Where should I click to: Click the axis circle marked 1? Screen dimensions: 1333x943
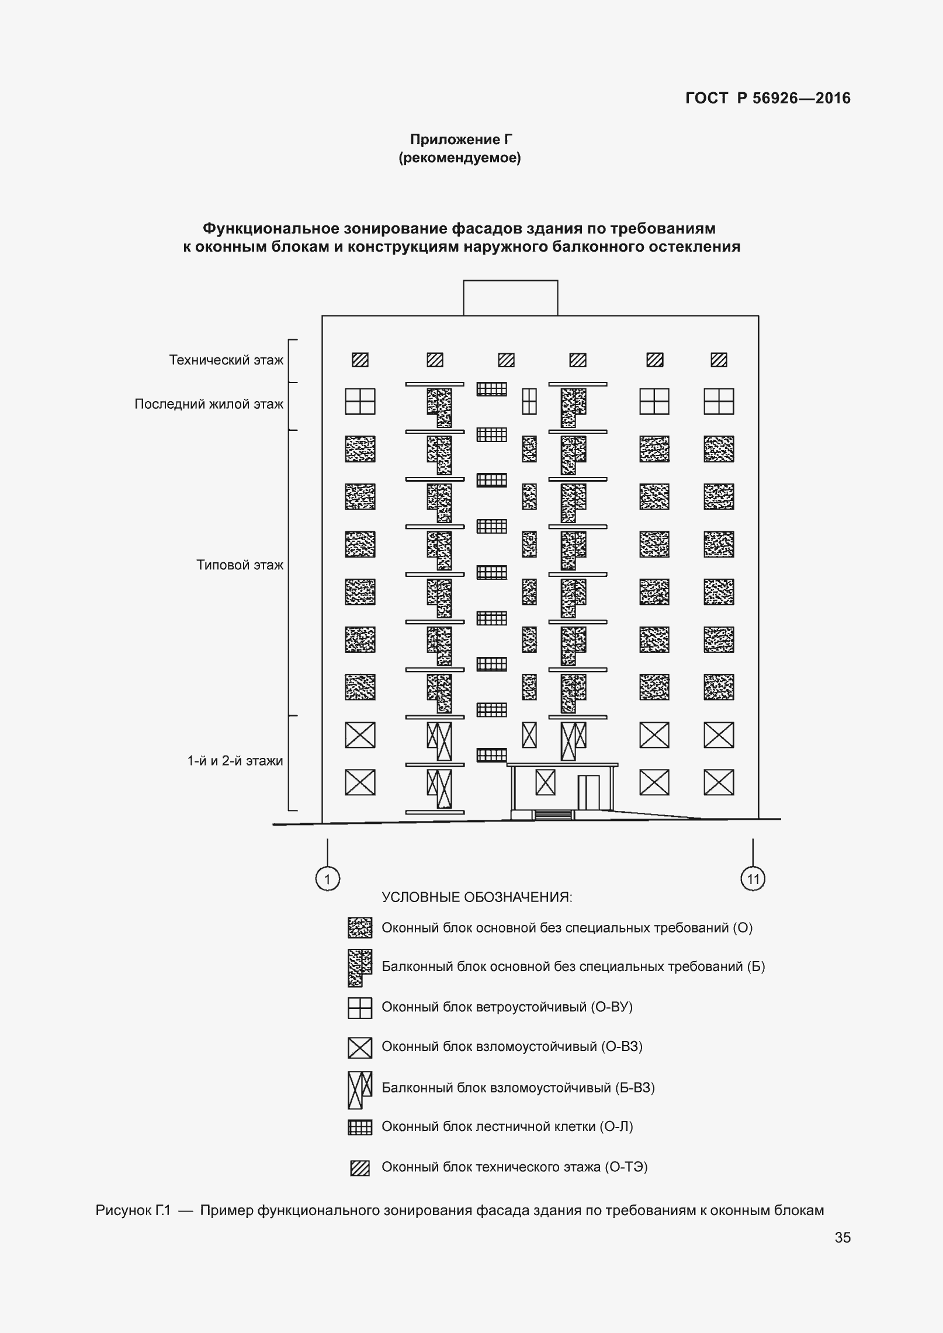(327, 879)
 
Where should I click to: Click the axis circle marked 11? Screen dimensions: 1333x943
(753, 879)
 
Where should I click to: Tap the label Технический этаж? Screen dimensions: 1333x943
(226, 360)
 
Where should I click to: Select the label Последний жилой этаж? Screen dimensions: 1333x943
(209, 404)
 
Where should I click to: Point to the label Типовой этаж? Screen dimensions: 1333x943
(240, 565)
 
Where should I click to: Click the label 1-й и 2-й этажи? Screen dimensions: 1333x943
(235, 760)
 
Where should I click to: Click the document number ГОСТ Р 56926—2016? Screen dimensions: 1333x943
(768, 98)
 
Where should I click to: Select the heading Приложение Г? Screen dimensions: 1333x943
(460, 139)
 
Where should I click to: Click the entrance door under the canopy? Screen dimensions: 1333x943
(588, 792)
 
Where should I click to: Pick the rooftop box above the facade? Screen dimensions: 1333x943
(510, 298)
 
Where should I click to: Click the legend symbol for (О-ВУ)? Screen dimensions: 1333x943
(360, 1008)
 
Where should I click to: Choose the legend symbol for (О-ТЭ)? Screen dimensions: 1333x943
(360, 1168)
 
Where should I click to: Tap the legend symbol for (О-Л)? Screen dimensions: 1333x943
(360, 1127)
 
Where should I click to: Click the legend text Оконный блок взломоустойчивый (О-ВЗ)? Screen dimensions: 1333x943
(512, 1046)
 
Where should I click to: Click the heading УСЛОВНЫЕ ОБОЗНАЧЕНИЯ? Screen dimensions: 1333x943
(477, 897)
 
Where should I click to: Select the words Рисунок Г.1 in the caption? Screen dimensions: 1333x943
(133, 1210)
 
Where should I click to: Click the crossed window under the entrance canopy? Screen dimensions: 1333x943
(545, 782)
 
